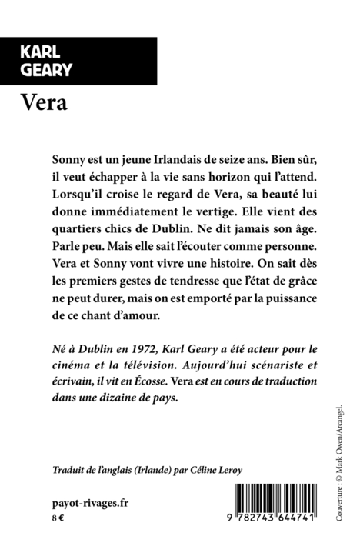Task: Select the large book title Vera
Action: [45, 102]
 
